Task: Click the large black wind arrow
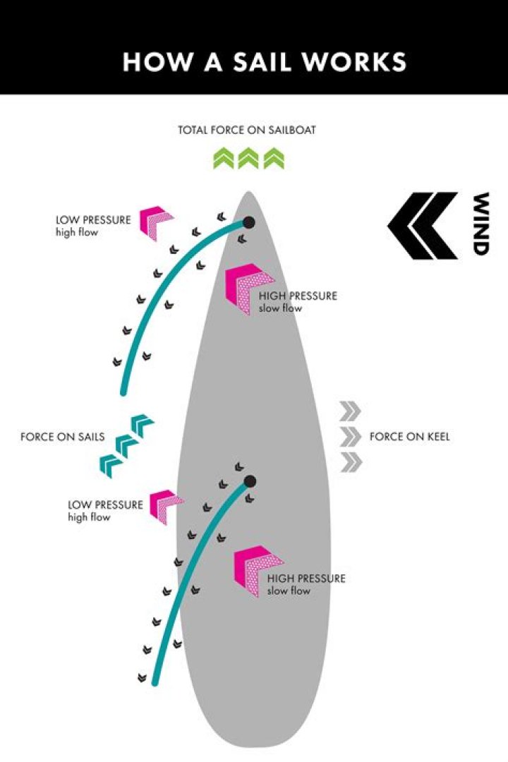421,225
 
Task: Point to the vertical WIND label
481,224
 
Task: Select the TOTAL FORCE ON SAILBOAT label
247,131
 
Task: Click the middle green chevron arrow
248,159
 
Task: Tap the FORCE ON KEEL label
409,437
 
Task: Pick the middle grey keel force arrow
351,437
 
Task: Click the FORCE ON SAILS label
62,437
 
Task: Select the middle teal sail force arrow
127,445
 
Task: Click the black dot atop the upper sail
248,223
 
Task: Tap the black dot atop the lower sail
249,482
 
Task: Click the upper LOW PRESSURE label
93,219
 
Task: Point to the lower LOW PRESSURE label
105,504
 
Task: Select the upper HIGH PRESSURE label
298,296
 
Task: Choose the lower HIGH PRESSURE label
306,578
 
